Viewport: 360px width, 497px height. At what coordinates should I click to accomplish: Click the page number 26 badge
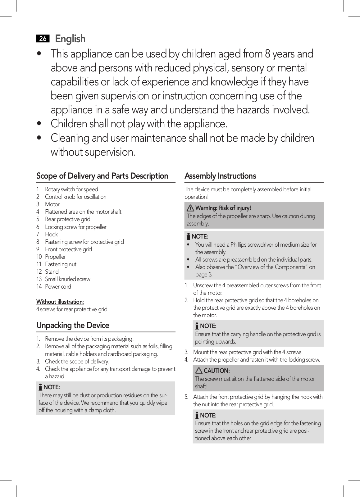point(43,39)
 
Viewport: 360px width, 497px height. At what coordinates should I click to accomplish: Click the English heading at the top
point(70,39)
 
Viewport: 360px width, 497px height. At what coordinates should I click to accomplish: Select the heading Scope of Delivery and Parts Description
point(102,176)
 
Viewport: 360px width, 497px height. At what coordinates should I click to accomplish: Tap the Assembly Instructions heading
point(220,176)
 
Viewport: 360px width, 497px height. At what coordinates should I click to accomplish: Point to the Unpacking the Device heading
point(73,325)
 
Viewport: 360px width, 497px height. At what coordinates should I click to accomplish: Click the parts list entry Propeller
point(55,257)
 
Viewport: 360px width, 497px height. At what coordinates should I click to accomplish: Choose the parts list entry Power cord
point(58,286)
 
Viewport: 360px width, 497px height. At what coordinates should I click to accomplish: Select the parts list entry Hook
point(51,234)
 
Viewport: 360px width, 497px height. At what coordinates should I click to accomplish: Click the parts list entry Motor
point(52,204)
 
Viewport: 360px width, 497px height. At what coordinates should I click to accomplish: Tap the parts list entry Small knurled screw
point(67,279)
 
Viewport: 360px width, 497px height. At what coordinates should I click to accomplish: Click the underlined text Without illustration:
point(60,302)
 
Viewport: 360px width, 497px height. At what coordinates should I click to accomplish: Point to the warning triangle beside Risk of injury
point(190,208)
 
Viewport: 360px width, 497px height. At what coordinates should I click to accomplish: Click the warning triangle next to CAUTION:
point(199,371)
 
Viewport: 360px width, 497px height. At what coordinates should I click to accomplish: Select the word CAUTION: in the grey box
point(216,371)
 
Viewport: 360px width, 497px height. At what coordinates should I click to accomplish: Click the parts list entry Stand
point(52,271)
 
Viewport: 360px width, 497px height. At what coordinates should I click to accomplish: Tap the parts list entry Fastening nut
point(61,264)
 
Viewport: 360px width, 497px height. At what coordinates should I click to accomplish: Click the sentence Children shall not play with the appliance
point(139,124)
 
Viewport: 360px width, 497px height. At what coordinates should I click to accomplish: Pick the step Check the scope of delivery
point(77,361)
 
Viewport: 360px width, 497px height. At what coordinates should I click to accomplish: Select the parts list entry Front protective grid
point(68,249)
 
